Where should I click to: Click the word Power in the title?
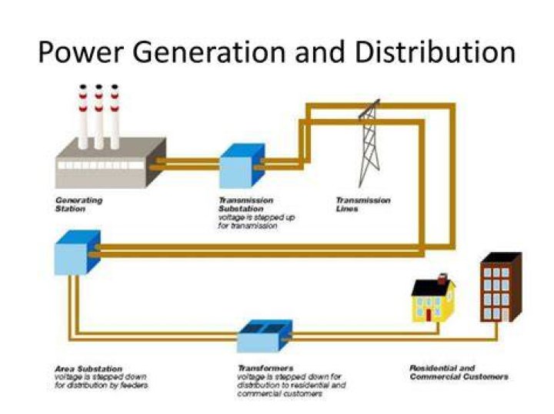[81, 52]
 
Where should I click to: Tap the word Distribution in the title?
[436, 51]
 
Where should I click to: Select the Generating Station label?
[78, 204]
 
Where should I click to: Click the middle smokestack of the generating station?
[98, 117]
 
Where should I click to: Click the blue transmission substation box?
[242, 165]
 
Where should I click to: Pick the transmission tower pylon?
[369, 143]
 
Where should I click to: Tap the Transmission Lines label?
[363, 204]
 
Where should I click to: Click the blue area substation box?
[78, 252]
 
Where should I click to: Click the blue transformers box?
[265, 336]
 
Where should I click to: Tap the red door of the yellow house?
[429, 315]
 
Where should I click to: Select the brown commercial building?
[501, 287]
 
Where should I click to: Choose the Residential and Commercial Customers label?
[459, 373]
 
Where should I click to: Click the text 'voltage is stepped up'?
[256, 217]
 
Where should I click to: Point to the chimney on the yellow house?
[442, 279]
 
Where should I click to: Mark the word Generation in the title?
[209, 52]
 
